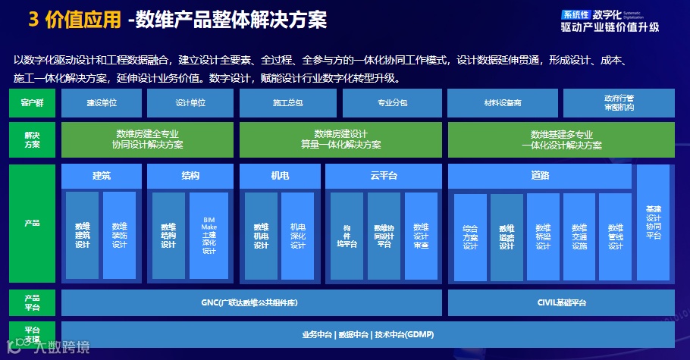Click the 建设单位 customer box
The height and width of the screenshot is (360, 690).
point(102,102)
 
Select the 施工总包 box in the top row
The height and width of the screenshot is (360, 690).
point(287,102)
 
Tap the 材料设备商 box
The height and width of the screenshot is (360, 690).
point(502,102)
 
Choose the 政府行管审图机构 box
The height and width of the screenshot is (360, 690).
point(619,102)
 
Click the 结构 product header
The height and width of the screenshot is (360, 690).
point(190,177)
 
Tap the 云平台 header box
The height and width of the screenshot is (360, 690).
point(384,177)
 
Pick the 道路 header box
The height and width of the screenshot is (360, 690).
point(540,177)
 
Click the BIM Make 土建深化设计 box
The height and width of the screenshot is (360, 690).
point(209,236)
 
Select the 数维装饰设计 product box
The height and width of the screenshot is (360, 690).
point(120,236)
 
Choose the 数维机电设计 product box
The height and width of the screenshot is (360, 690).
point(262,236)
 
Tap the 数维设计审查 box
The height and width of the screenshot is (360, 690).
point(421,236)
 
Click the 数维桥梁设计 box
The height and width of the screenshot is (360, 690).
point(543,237)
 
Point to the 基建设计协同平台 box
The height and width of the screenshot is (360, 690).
point(654,223)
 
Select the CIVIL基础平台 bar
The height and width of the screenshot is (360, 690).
point(561,302)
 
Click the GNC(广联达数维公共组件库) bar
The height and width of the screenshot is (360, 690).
point(251,302)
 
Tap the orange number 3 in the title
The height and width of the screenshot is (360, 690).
point(34,20)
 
